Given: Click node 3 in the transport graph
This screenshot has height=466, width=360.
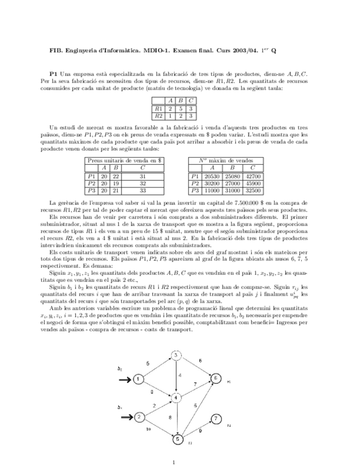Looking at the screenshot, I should [176, 356].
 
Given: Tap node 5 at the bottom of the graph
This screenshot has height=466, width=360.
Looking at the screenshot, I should [178, 439].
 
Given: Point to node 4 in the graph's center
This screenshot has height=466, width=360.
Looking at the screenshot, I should [176, 397].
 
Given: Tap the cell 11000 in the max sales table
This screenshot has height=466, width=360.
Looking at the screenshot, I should [212, 190].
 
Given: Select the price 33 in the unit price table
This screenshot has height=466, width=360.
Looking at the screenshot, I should [142, 190].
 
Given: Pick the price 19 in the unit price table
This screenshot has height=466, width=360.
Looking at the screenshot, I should [116, 183].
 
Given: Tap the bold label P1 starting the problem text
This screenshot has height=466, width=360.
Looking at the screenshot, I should [53, 73].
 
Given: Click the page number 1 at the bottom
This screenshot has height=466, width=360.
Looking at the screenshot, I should [174, 462].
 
